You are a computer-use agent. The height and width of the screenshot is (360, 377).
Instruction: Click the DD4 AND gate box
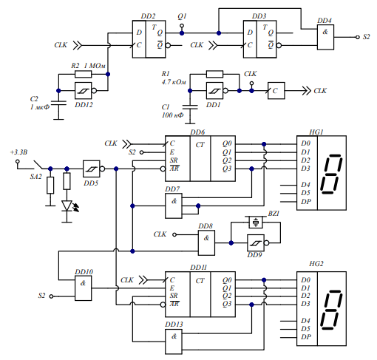[325, 37]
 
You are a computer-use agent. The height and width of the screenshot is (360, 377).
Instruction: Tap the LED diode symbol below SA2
[67, 206]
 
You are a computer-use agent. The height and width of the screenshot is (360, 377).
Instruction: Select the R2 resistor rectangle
[84, 74]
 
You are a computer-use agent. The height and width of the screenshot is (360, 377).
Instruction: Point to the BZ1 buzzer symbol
[256, 223]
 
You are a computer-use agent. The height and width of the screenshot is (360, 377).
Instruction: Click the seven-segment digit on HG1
[331, 174]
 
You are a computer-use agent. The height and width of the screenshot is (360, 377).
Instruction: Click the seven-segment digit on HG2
[331, 310]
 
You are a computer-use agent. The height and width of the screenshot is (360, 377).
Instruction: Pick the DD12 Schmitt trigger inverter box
[84, 91]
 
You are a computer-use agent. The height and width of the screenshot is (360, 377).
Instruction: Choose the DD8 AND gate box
[206, 242]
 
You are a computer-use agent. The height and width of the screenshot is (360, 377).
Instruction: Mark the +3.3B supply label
[18, 152]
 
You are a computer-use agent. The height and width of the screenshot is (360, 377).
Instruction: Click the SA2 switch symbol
[38, 165]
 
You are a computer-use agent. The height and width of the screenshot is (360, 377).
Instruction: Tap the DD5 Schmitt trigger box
[92, 169]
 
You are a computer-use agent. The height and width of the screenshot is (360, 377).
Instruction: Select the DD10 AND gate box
[84, 288]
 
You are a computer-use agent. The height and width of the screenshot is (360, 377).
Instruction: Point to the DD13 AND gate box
[174, 342]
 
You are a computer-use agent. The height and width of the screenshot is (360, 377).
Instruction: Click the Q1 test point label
[182, 16]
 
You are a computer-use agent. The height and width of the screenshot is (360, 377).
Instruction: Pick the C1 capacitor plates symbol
[190, 107]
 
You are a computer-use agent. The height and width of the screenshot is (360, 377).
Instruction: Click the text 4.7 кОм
[174, 82]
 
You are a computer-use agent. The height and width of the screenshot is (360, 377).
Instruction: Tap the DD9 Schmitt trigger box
[256, 242]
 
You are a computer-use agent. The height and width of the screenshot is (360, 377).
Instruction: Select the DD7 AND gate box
[174, 206]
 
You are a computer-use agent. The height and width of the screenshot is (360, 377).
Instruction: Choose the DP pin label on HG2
[306, 337]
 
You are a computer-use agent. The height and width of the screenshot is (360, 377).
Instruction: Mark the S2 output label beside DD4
[367, 37]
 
